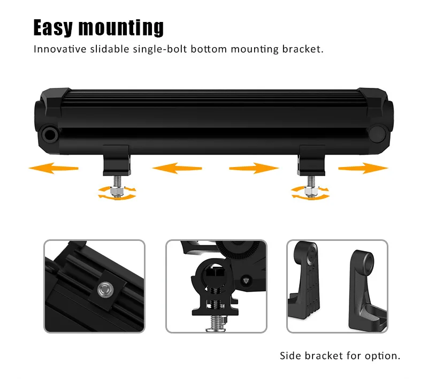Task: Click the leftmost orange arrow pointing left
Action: pos(53,169)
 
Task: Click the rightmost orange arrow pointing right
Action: pos(363,169)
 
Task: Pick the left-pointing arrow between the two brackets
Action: pos(177,169)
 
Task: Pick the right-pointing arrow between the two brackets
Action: pos(254,169)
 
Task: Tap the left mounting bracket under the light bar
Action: pos(116,160)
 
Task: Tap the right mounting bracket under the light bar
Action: pos(311,160)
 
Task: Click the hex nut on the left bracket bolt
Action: pos(116,189)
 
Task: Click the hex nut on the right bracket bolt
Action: pos(310,189)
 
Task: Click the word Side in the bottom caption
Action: pos(290,355)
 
